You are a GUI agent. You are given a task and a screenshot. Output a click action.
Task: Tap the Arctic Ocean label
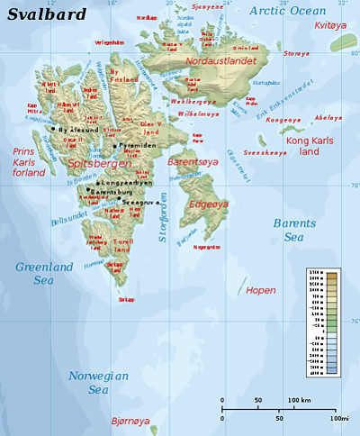pyautogui.click(x=288, y=10)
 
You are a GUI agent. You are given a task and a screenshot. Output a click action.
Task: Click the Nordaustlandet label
pyautogui.click(x=220, y=61)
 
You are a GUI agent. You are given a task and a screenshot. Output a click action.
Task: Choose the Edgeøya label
pyautogui.click(x=209, y=204)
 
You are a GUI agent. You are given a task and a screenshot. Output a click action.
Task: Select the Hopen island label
pyautogui.click(x=261, y=290)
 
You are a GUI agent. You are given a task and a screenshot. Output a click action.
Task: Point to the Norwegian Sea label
pyautogui.click(x=98, y=383)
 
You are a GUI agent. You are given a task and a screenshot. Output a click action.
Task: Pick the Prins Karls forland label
pyautogui.click(x=29, y=162)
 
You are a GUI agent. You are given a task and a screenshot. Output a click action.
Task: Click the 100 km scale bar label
pyautogui.click(x=299, y=399)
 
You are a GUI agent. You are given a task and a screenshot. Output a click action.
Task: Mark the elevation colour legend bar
pyautogui.click(x=331, y=322)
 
